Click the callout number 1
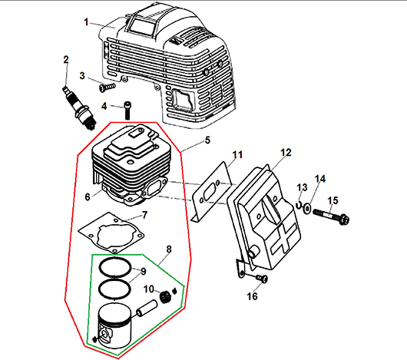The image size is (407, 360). [x=87, y=22]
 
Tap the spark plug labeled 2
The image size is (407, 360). [x=80, y=108]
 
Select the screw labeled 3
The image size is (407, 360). [x=107, y=87]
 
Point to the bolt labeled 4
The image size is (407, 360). [x=127, y=111]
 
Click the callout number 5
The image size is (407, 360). [x=207, y=140]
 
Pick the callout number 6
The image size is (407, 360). [x=88, y=197]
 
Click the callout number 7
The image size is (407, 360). [x=145, y=215]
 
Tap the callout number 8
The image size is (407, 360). [x=169, y=249]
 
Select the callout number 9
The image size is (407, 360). [x=144, y=272]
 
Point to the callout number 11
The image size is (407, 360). [x=237, y=155]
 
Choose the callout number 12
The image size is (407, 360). [x=286, y=153]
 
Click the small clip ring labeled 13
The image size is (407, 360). [x=298, y=205]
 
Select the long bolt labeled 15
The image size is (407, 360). [x=331, y=216]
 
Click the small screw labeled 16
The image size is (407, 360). [x=261, y=279]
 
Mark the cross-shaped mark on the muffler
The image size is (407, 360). [x=283, y=237]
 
